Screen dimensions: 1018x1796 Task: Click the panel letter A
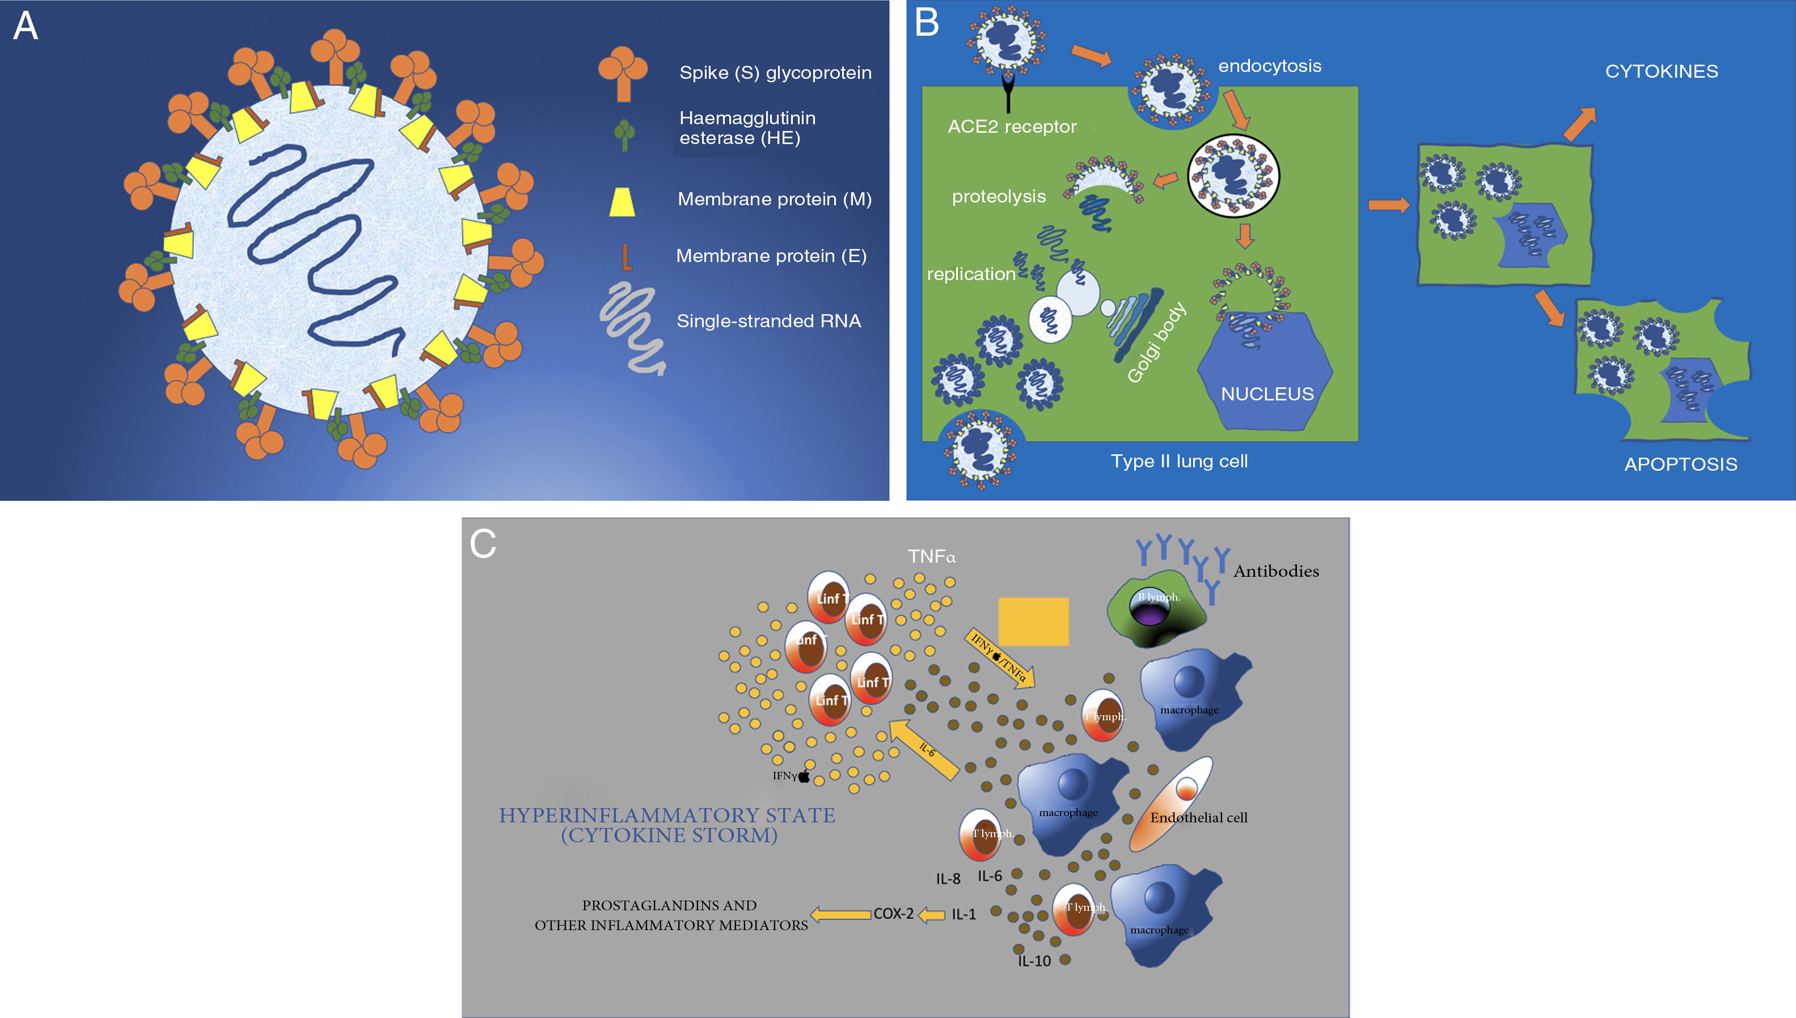(26, 27)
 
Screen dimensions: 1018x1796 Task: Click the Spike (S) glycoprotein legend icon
(622, 73)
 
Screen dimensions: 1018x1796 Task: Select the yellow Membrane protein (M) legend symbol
(622, 201)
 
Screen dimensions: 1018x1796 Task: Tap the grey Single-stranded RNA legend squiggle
(631, 327)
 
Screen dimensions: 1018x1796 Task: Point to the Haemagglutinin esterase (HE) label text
(747, 128)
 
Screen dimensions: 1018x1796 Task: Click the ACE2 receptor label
(1012, 126)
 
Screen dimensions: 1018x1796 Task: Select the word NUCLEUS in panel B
(1267, 394)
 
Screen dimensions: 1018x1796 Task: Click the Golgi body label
(1156, 343)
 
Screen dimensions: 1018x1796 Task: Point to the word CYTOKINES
(1661, 71)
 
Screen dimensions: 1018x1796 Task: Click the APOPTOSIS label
(1681, 464)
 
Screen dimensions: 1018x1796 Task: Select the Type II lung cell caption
(1178, 462)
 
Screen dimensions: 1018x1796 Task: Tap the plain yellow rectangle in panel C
(1033, 622)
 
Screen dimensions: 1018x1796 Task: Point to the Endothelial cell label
(1198, 817)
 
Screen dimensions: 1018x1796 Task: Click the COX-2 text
(893, 914)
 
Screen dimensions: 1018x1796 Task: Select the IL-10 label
(1034, 961)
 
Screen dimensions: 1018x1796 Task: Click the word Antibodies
(1276, 571)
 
